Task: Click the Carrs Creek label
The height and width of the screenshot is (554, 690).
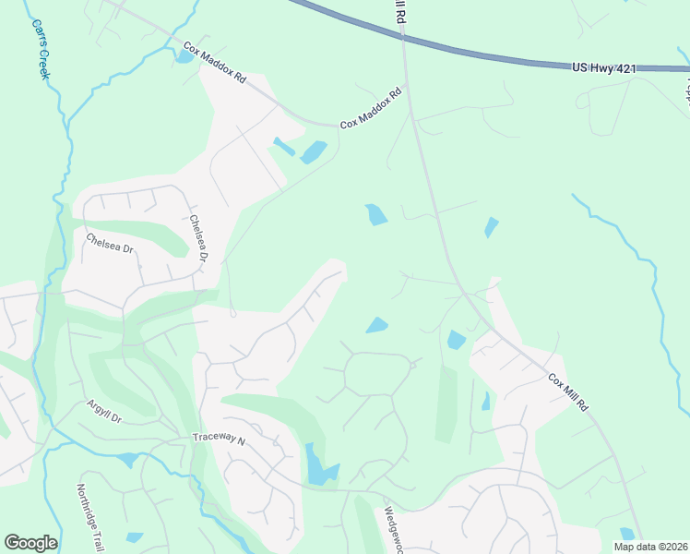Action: (x=38, y=51)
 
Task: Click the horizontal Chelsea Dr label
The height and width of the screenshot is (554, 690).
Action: (x=110, y=243)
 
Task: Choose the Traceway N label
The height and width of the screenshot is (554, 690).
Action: (x=219, y=439)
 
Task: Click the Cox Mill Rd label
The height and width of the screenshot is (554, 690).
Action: (x=567, y=392)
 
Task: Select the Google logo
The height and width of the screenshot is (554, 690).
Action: (x=30, y=543)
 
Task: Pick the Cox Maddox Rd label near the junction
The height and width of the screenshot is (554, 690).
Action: (x=372, y=108)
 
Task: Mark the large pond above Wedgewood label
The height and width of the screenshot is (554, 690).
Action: (x=319, y=467)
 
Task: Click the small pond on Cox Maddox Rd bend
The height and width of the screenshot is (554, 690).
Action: (x=185, y=56)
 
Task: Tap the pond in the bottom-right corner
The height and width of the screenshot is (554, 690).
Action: (x=627, y=534)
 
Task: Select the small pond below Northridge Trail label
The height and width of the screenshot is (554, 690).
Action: (x=135, y=537)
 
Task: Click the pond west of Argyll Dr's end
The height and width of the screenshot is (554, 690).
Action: (x=128, y=459)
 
